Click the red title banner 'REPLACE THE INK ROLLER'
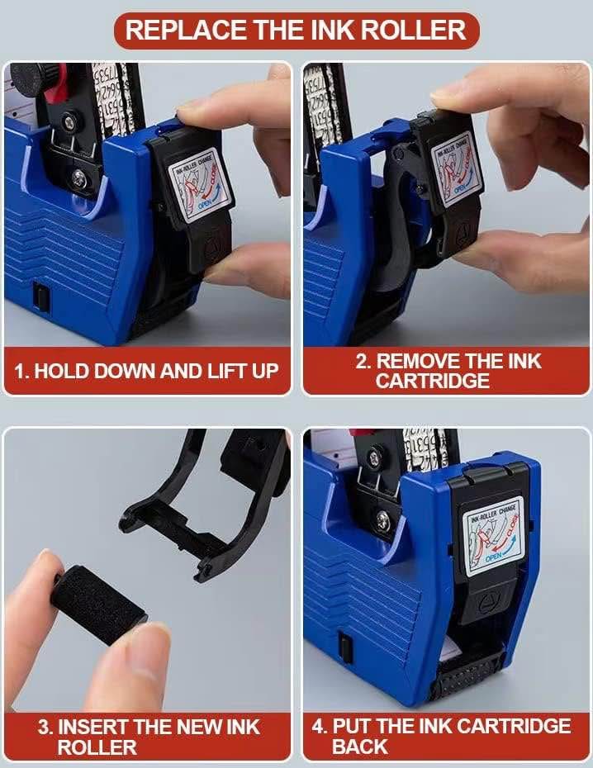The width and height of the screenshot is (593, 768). coord(296,30)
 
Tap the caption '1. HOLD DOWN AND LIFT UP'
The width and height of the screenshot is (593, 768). coord(147,371)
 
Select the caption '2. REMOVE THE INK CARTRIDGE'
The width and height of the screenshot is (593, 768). coord(447,371)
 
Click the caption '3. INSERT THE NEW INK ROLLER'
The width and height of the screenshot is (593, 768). coord(147,737)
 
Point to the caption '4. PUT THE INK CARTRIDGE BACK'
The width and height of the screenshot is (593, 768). coord(447,737)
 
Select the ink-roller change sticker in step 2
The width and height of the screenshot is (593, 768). coord(456,168)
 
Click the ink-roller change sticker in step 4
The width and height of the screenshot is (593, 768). coord(493,535)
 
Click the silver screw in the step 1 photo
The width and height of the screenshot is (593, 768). coord(78,177)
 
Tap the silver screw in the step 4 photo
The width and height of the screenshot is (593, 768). coord(384,520)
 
